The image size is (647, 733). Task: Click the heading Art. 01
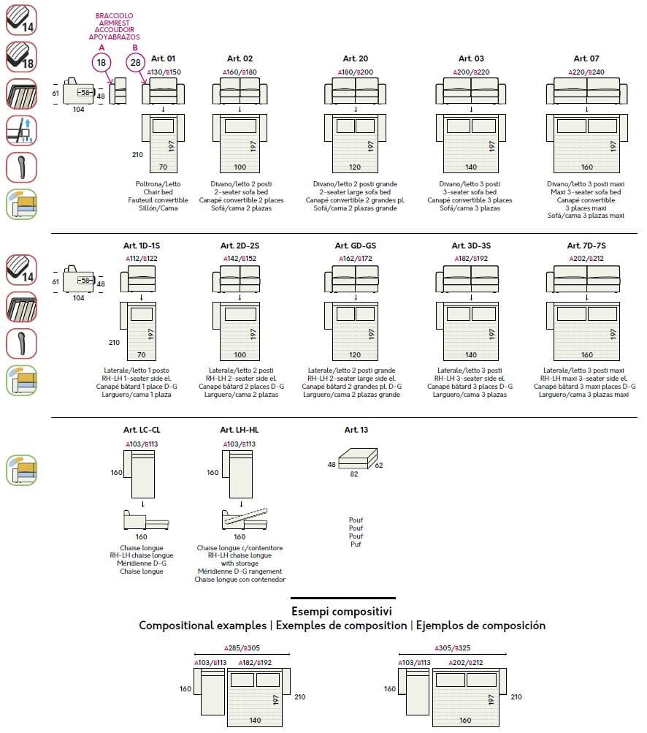click(164, 58)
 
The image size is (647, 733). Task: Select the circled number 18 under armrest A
click(102, 63)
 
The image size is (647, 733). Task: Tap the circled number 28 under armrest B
click(135, 63)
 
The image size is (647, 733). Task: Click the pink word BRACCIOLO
click(114, 15)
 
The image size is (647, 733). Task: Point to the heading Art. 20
click(355, 58)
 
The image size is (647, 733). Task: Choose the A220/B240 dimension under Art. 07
click(586, 72)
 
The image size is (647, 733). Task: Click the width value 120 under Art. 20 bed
click(355, 167)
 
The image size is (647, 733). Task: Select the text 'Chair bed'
click(162, 191)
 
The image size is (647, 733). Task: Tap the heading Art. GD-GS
click(355, 246)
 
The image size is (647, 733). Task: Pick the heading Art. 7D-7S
click(586, 246)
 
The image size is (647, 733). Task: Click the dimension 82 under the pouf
click(353, 474)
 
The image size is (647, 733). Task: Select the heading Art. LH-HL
click(239, 430)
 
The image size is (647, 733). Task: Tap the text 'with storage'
click(240, 563)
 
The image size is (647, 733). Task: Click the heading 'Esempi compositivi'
click(342, 611)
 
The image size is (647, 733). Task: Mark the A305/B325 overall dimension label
click(453, 647)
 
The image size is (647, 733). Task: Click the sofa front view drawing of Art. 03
click(471, 91)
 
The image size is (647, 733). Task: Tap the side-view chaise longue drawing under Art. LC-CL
click(146, 520)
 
